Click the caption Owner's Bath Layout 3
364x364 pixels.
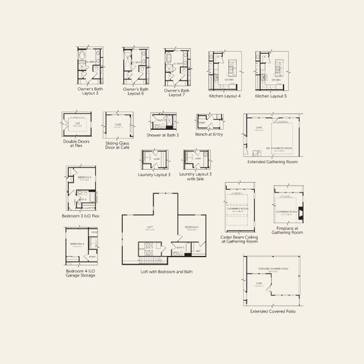pyautogui.click(x=89, y=92)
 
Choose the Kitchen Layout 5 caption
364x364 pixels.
pyautogui.click(x=270, y=96)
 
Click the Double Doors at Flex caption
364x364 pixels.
pyautogui.click(x=76, y=144)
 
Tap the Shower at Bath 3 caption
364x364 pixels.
pyautogui.click(x=163, y=135)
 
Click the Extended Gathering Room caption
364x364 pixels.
pyautogui.click(x=273, y=162)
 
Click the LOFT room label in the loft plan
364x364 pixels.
pyautogui.click(x=150, y=227)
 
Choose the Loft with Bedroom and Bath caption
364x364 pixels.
pyautogui.click(x=164, y=272)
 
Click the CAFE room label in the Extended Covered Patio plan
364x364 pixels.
pyautogui.click(x=258, y=283)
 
